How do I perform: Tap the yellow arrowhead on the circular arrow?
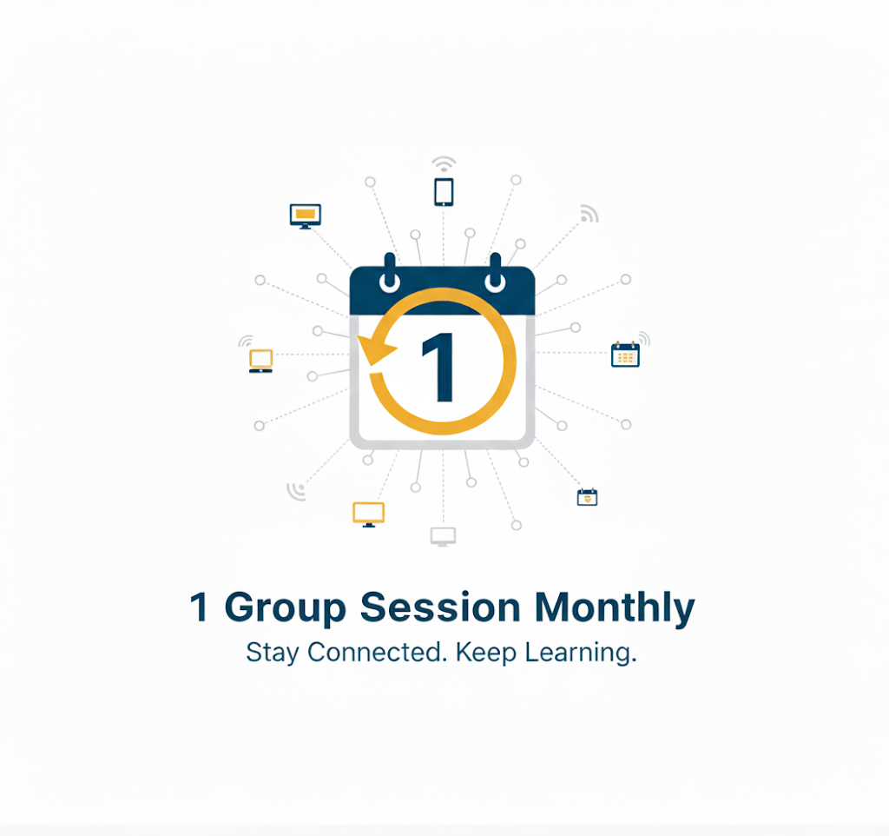375,350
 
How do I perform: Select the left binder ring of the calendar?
390,274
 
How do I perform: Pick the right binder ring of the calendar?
496,274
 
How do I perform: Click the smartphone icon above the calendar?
444,191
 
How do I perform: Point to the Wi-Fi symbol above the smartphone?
444,163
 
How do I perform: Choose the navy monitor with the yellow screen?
305,215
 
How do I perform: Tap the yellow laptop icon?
260,360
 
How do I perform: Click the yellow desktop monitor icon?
368,514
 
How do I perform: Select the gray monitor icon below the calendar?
443,536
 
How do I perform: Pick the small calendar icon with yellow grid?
625,354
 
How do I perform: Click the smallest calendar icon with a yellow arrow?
588,497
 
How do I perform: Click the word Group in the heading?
286,607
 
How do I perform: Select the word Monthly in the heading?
615,607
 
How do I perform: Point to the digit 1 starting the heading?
200,607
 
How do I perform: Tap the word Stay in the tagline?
272,653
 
